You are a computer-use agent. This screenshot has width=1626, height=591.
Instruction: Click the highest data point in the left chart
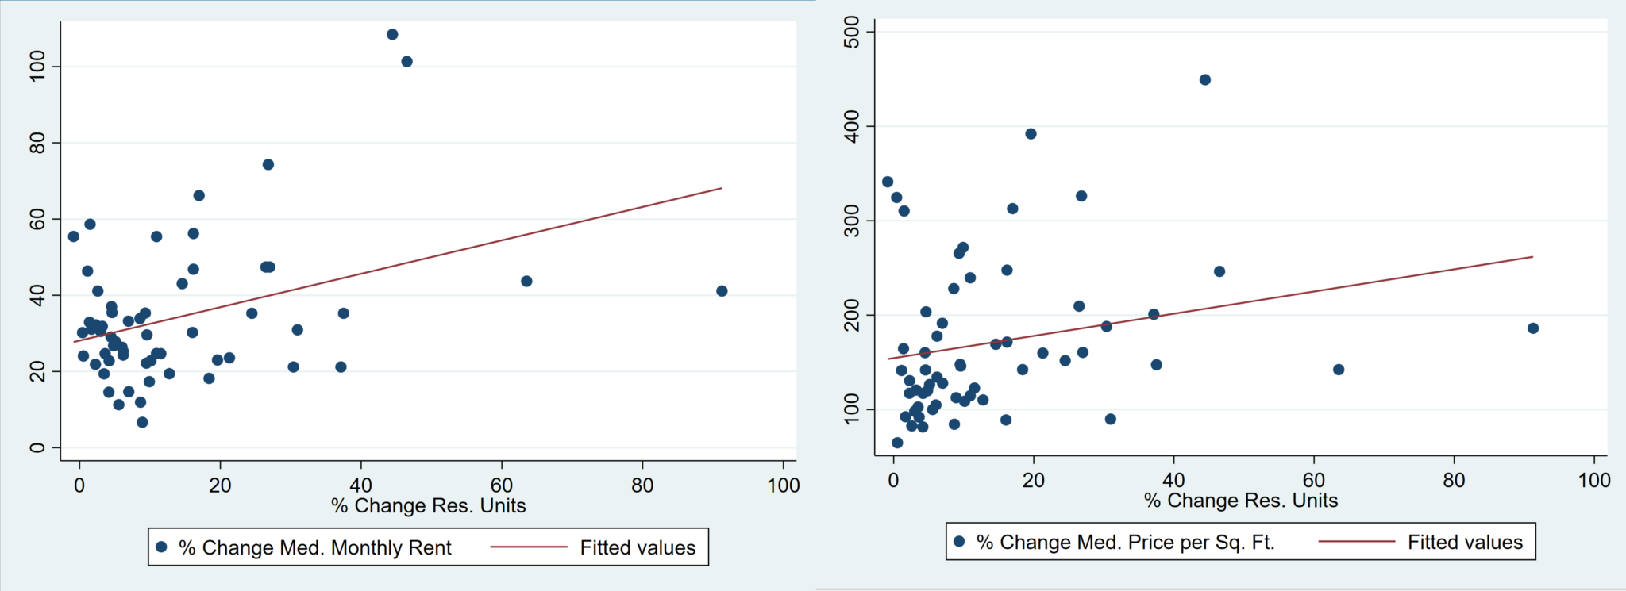392,34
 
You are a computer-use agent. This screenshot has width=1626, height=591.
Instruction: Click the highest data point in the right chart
1204,79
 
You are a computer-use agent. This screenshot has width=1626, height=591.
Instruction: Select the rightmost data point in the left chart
722,291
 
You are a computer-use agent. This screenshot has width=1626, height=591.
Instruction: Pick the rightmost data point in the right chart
1533,328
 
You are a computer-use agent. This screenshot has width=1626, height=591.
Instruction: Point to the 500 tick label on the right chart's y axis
852,32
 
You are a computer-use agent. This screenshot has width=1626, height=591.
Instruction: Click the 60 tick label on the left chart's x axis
502,485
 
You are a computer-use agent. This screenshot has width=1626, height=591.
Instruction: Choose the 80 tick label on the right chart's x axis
1454,480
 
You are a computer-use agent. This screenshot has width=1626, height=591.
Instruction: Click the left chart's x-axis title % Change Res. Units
429,506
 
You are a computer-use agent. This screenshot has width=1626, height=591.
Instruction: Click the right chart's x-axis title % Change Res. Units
1241,501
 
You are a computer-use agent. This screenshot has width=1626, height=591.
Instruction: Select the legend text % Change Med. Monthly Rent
314,547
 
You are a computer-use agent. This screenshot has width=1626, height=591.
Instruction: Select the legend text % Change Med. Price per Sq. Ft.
1125,542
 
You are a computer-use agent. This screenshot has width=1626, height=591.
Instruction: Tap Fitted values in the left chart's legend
638,547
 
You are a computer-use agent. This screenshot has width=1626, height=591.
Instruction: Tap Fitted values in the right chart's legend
1465,542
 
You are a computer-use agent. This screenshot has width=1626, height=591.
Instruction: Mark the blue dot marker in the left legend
162,547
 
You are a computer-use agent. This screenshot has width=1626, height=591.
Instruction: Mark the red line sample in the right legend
1356,542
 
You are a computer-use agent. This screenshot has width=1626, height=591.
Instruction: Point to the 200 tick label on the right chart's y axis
852,315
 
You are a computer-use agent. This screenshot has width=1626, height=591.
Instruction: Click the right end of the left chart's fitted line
721,188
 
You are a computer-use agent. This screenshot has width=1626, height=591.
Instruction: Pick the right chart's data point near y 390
1031,134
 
